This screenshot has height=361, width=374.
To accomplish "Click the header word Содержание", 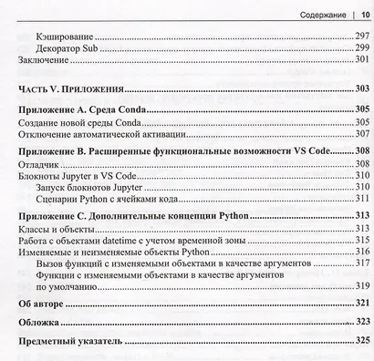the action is point(311,14).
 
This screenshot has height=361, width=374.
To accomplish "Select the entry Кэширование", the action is point(61,33).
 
